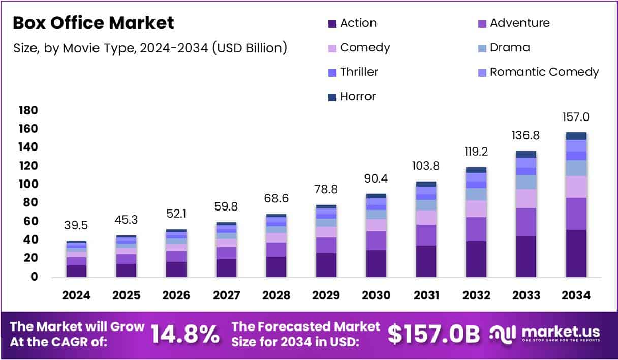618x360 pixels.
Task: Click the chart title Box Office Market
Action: click(93, 23)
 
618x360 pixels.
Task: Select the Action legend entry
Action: click(352, 23)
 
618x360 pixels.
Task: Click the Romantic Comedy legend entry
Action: click(538, 72)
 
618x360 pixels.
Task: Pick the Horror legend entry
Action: click(352, 97)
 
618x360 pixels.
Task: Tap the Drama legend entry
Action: click(503, 48)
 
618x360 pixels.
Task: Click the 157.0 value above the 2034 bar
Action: click(576, 117)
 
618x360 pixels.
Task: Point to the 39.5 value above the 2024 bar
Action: click(77, 226)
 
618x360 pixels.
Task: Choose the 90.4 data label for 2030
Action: click(376, 178)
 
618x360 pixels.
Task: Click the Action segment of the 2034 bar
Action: click(576, 253)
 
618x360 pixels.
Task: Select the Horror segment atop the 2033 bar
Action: click(526, 154)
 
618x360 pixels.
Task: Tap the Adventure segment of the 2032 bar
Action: click(476, 229)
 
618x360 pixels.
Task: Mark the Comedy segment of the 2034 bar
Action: click(576, 187)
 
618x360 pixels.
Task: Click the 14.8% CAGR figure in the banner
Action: click(186, 334)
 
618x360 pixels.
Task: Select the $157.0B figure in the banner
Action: click(434, 334)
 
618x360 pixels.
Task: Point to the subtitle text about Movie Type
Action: click(150, 48)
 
